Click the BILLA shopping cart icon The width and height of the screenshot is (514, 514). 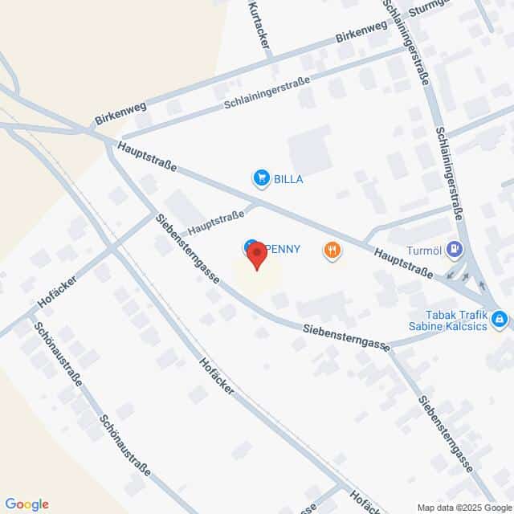click(260, 178)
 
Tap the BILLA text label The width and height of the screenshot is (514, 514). click(288, 179)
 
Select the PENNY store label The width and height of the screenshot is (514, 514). click(282, 248)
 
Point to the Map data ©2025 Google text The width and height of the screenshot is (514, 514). click(463, 507)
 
